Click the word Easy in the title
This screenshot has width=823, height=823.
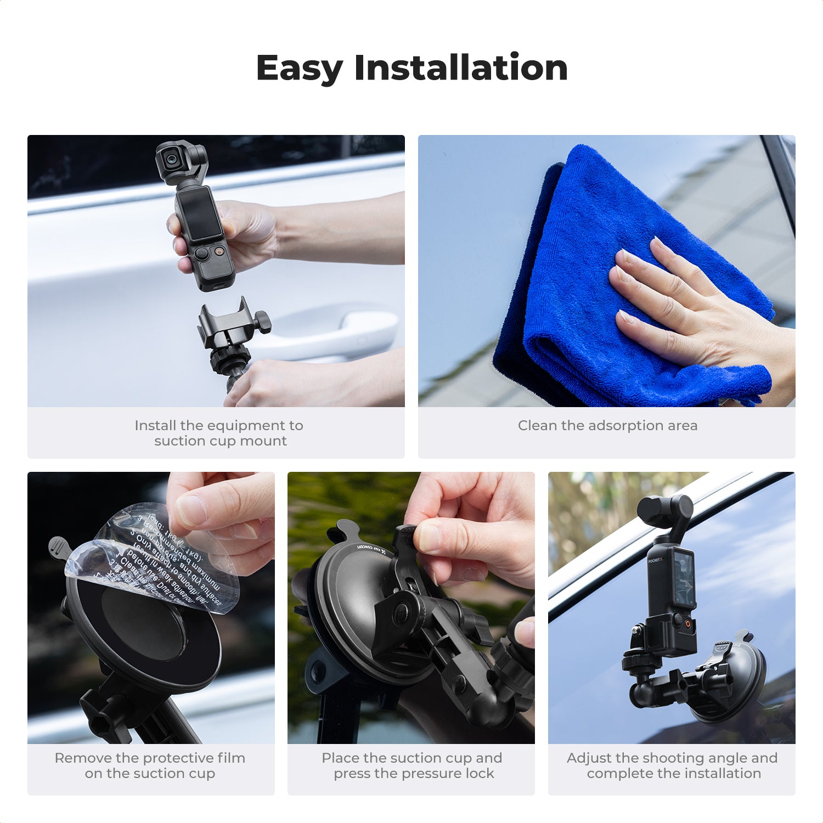299,68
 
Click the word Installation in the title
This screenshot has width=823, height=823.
460,68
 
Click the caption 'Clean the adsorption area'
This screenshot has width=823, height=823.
607,426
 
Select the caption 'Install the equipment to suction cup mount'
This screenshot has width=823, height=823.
219,433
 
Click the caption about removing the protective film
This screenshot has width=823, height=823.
150,765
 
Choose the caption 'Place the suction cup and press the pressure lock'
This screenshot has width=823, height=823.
411,765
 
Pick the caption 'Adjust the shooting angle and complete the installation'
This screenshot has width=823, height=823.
672,765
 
